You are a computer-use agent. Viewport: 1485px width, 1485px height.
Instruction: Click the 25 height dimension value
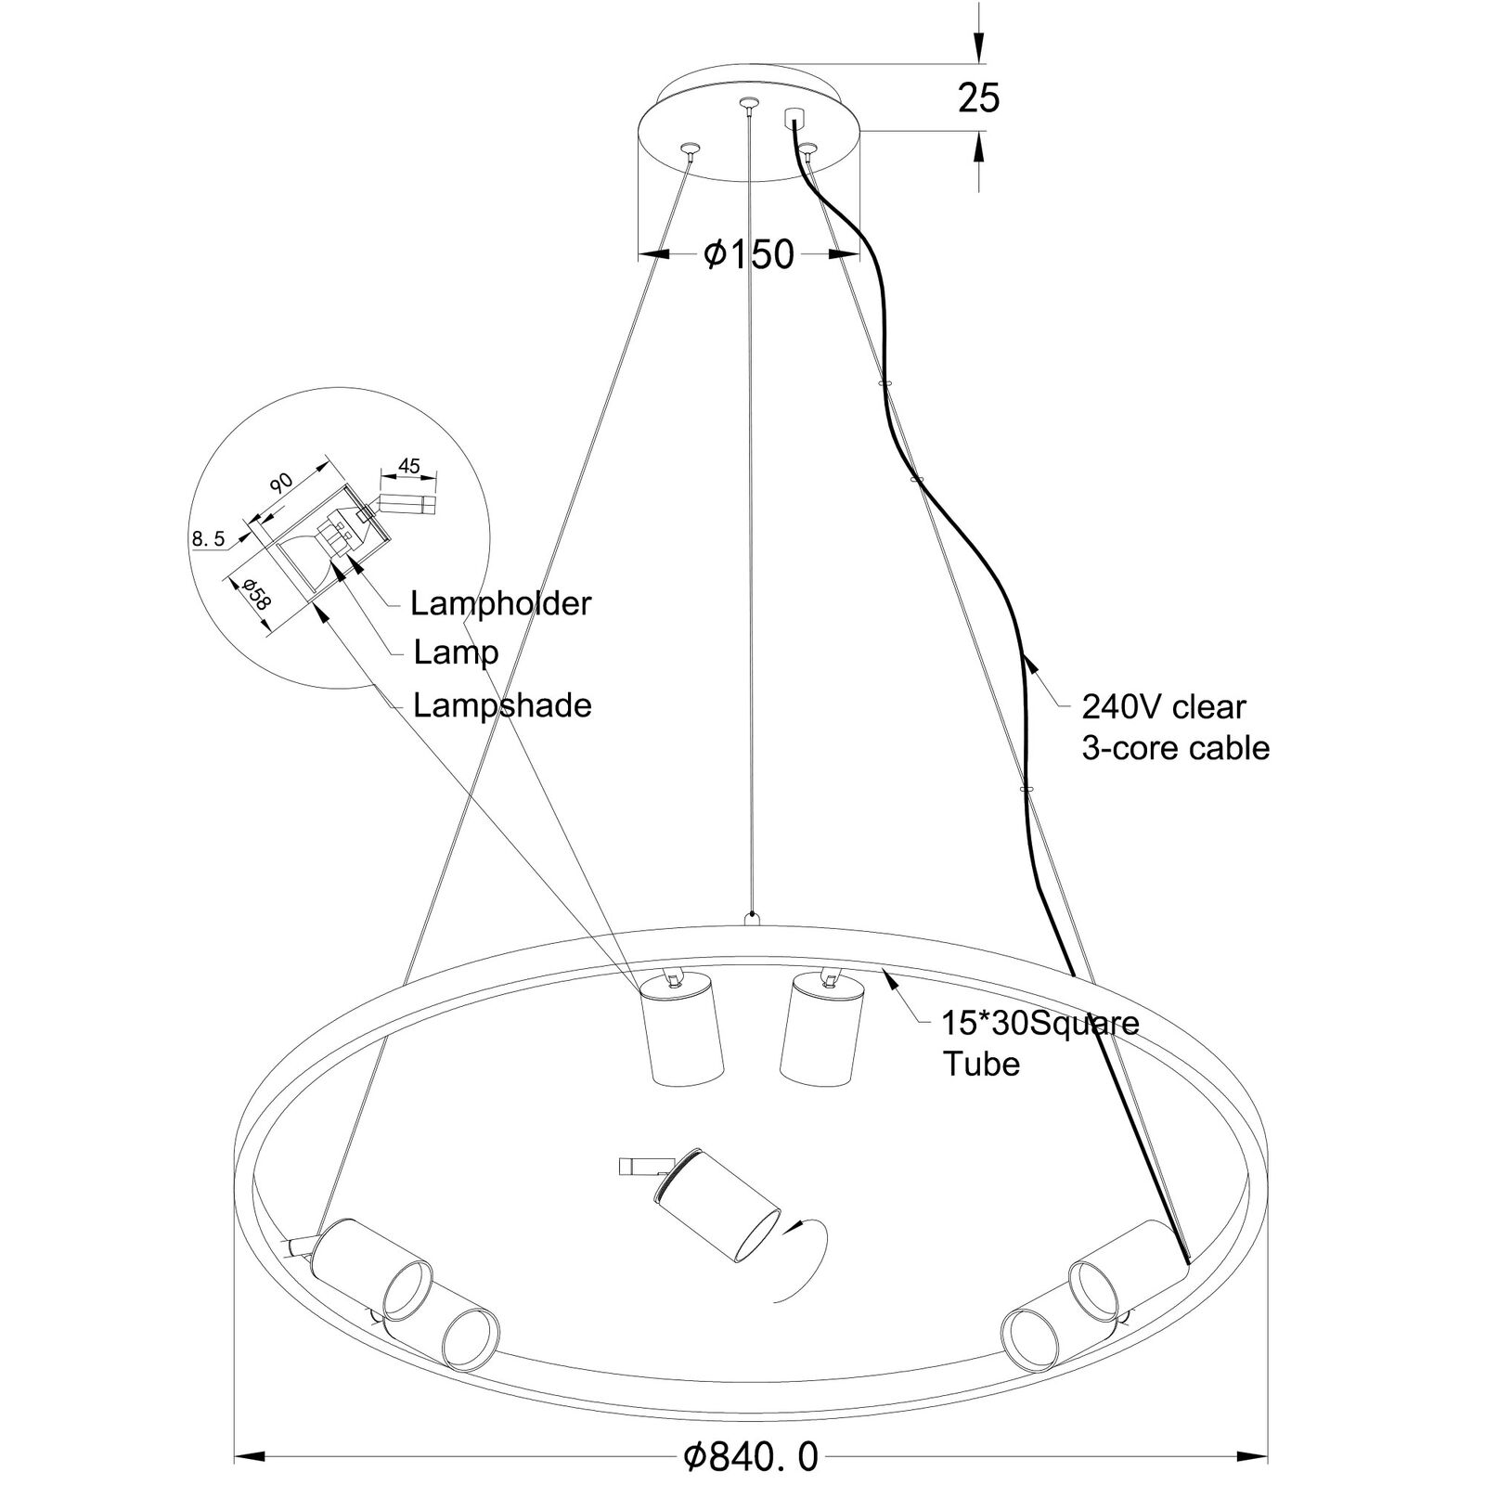coord(979,97)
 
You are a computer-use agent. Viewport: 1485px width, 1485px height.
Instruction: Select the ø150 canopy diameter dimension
coord(749,253)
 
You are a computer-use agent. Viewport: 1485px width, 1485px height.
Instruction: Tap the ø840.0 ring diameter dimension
coord(752,1432)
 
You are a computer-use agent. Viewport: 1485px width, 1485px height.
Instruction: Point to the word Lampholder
coord(500,604)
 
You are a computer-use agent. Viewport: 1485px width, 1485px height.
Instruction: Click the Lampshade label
coord(502,706)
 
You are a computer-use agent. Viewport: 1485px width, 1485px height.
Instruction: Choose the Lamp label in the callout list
coord(456,653)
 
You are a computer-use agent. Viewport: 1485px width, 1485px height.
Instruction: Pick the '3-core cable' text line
coord(1175,748)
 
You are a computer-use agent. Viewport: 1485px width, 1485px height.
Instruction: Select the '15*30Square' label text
coord(1040,1023)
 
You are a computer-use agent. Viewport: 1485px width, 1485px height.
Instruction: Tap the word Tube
coord(981,1064)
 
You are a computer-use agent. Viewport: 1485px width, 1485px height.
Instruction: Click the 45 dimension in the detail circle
coord(409,466)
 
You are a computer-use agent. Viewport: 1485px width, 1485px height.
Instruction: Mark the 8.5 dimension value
coord(209,538)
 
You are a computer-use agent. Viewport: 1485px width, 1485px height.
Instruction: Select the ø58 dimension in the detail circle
coord(255,593)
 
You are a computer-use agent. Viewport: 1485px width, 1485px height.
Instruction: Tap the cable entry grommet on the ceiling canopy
coord(794,118)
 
